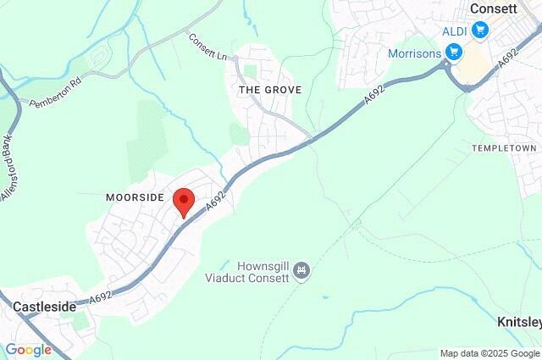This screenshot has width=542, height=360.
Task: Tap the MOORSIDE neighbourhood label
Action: coord(134,197)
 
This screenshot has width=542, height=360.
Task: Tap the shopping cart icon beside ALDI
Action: coord(481,30)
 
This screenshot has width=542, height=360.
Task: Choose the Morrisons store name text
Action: coord(416,53)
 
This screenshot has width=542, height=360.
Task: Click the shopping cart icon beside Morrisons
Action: coord(455,53)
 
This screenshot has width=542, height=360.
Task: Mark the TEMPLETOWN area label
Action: coord(505,148)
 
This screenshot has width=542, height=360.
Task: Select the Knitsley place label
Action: coord(517,323)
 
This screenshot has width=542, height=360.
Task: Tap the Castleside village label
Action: coord(44,306)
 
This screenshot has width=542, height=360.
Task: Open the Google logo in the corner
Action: coord(28,350)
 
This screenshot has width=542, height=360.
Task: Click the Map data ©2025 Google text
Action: coord(489,353)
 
